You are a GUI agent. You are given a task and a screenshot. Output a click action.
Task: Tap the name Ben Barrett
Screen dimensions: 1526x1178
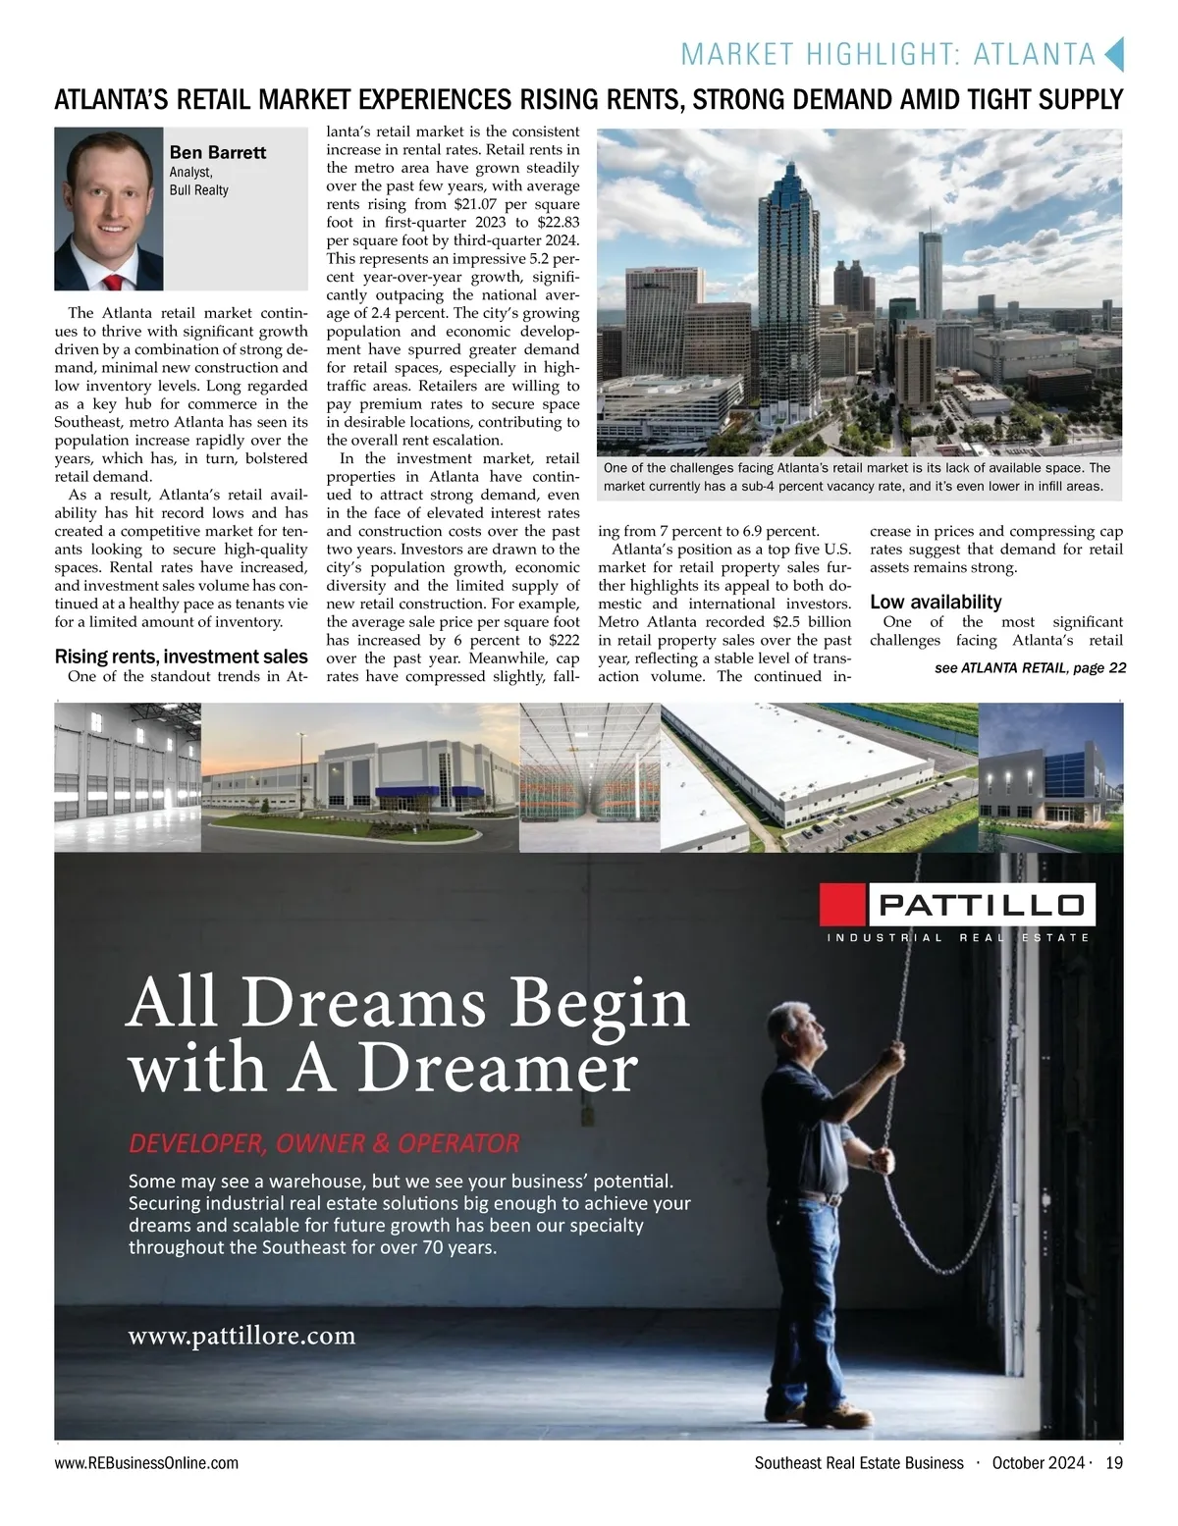218,152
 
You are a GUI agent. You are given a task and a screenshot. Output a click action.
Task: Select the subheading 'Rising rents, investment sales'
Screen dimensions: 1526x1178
181,657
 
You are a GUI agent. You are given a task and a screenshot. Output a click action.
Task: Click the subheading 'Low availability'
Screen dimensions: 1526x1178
936,602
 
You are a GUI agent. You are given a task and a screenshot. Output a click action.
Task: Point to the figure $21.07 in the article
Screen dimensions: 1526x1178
476,205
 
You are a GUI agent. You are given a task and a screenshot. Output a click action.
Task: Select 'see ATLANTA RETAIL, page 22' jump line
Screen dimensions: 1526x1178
1030,668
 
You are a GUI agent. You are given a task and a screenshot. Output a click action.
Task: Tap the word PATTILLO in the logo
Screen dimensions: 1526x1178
981,904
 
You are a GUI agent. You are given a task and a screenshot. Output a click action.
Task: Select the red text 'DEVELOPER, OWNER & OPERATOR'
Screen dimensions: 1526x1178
324,1143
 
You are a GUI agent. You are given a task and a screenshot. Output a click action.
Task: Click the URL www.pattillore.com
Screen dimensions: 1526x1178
241,1336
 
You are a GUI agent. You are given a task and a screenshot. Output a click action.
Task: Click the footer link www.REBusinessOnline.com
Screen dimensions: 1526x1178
146,1463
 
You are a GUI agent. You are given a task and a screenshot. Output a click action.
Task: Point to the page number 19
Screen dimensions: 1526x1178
1113,1463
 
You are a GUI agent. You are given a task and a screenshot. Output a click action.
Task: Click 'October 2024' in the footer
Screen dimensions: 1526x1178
1038,1463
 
